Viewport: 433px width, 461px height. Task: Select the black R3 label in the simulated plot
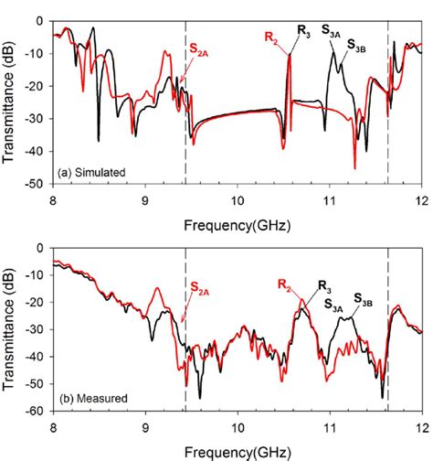[x=303, y=33]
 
